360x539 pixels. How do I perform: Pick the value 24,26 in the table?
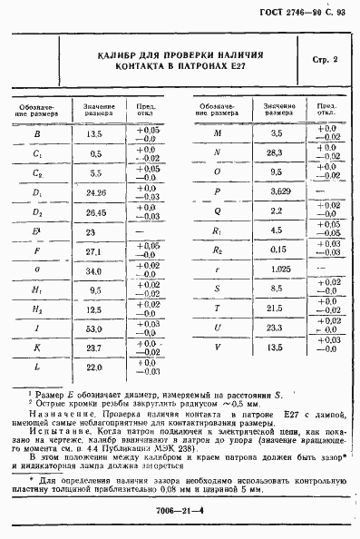95,192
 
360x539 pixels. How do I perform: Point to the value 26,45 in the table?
95,212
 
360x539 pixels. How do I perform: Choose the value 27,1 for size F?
94,251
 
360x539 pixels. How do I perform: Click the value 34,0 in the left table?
94,270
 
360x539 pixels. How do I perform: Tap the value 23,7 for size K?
94,348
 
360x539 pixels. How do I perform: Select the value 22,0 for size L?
94,367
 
